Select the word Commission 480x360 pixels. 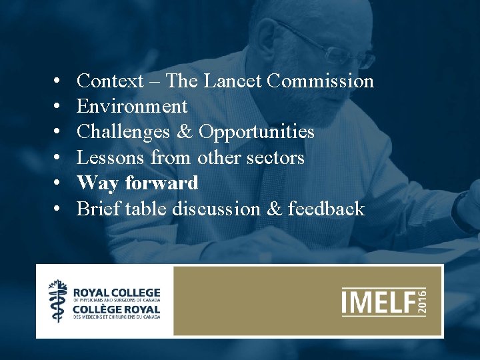click(x=320, y=81)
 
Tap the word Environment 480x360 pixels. click(x=132, y=107)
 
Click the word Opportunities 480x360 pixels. click(x=256, y=133)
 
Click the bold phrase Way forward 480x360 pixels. click(x=137, y=183)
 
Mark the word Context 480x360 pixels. click(x=110, y=81)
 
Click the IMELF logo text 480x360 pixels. click(x=377, y=302)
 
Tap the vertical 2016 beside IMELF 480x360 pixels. click(x=421, y=302)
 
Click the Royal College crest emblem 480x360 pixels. click(x=58, y=301)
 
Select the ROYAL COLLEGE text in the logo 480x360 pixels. click(x=117, y=293)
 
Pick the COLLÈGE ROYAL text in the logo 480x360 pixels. click(x=117, y=310)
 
